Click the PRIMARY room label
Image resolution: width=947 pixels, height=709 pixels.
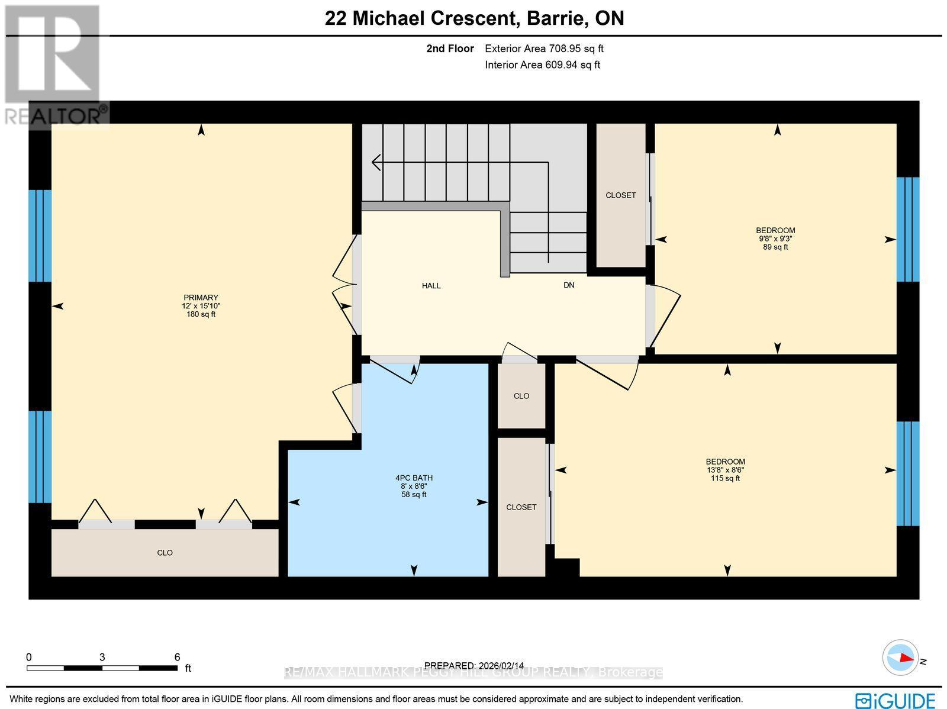point(201,298)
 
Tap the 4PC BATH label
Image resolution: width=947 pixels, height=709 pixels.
point(414,478)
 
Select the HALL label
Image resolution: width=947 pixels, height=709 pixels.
point(431,286)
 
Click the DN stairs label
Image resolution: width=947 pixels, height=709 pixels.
point(568,285)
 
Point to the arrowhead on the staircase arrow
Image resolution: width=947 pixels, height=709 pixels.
point(375,162)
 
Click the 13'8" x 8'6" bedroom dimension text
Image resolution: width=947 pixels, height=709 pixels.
point(725,470)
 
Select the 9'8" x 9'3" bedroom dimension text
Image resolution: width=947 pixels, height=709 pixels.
point(775,239)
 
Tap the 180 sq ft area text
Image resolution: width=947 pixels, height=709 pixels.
point(201,314)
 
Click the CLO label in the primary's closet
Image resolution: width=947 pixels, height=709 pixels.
point(165,553)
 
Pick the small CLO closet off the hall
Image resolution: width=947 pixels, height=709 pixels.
point(521,396)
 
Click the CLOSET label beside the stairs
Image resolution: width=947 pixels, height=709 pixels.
point(620,195)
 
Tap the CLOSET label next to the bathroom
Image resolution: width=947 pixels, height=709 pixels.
point(521,507)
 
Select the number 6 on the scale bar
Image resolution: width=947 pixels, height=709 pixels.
point(177,657)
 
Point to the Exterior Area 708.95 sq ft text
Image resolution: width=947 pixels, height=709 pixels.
point(544,49)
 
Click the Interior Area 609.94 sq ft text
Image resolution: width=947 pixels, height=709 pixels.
point(542,65)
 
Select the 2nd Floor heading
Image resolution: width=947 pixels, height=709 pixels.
point(450,49)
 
